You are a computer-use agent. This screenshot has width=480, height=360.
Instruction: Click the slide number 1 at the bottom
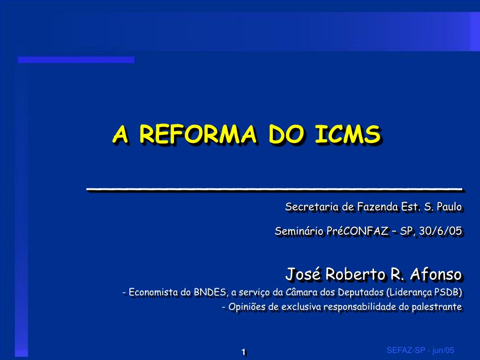[244, 352]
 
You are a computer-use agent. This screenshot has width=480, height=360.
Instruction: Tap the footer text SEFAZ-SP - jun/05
[420, 351]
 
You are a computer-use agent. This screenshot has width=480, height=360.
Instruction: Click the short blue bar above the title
[76, 60]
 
